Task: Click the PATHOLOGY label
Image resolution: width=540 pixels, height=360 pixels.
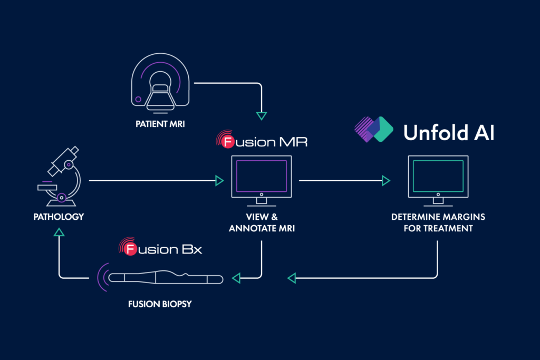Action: click(x=59, y=217)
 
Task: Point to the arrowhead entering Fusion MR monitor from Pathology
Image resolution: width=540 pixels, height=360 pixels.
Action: click(x=219, y=181)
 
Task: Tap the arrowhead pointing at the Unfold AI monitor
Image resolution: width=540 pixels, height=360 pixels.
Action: click(x=385, y=181)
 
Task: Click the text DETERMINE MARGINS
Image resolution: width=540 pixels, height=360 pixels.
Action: click(x=438, y=217)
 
